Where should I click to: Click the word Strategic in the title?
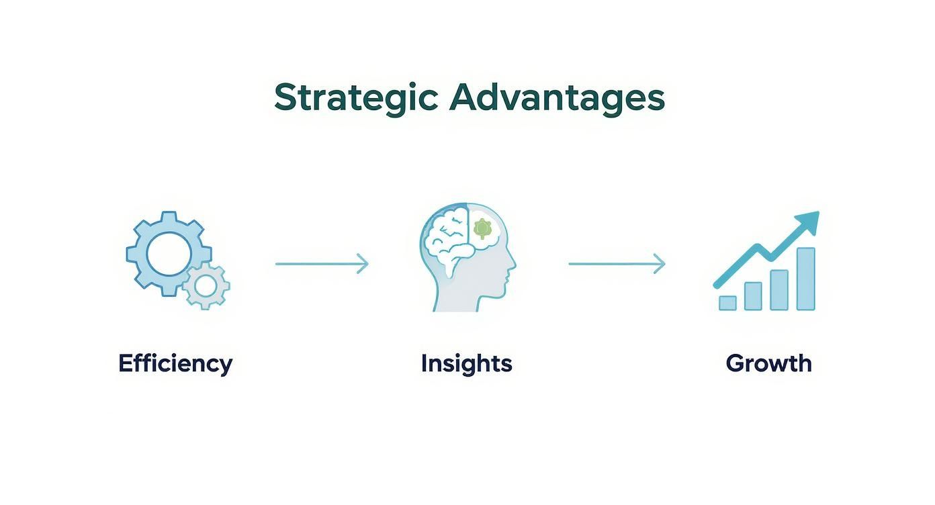[x=356, y=99]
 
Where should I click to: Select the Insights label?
[x=467, y=364]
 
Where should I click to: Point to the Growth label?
[x=769, y=363]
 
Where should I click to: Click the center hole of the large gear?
[x=169, y=254]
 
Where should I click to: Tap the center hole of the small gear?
[x=206, y=286]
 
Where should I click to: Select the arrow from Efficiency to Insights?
[x=322, y=264]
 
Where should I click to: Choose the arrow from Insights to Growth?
[x=617, y=264]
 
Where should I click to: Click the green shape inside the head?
[x=482, y=229]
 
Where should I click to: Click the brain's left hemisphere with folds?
[x=447, y=238]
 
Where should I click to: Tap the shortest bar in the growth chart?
[x=727, y=303]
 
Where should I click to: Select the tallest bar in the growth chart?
[x=805, y=279]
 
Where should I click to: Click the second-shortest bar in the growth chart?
[x=753, y=296]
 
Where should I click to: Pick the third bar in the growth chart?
[x=779, y=290]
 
